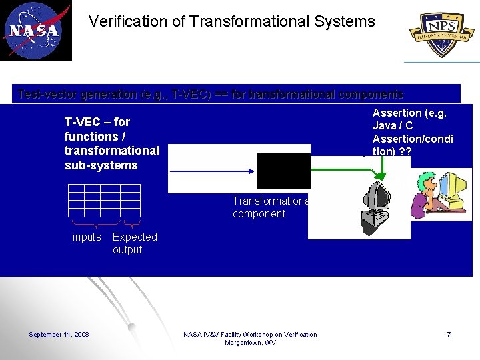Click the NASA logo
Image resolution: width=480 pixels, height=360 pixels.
(x=35, y=31)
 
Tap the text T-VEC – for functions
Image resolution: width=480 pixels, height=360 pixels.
(x=97, y=129)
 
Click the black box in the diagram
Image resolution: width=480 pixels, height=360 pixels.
(x=283, y=171)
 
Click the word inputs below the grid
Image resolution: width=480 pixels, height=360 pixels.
(x=87, y=237)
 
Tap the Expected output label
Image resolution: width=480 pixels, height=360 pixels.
(x=135, y=243)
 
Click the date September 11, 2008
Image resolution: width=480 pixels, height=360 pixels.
(x=59, y=334)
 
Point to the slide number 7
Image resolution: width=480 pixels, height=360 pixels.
(x=449, y=334)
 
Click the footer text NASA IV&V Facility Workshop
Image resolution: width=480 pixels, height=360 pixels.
(x=250, y=334)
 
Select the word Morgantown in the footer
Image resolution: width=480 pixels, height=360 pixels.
(x=244, y=343)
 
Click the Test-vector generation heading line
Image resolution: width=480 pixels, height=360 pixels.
(x=211, y=94)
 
